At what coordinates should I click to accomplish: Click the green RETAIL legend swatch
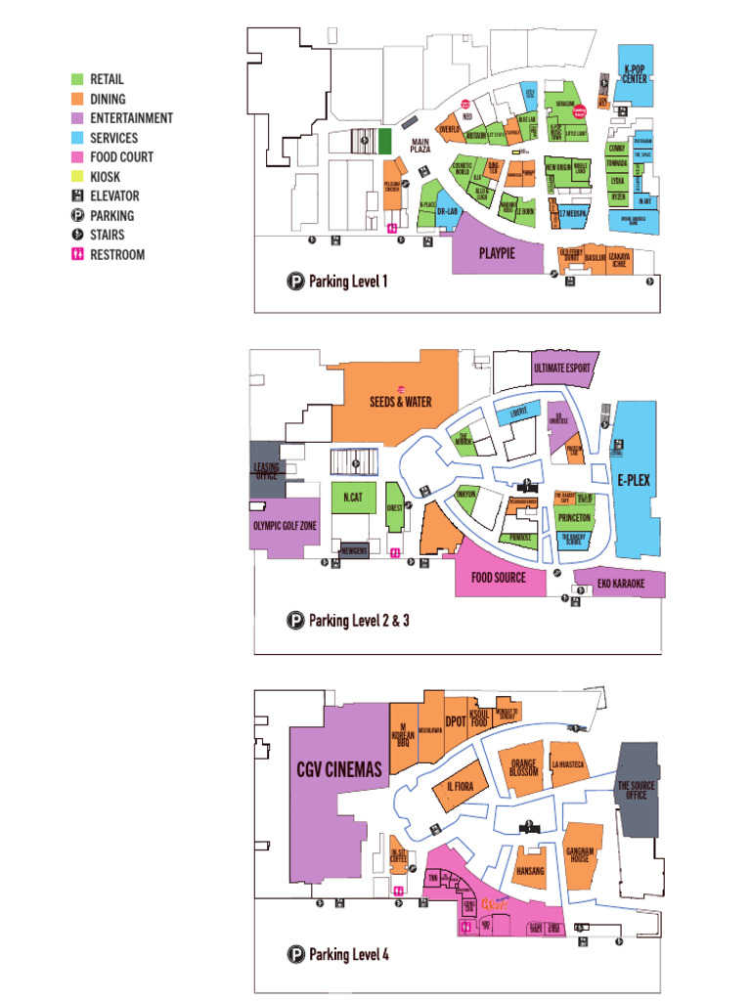77,79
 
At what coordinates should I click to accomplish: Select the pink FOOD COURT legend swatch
77,156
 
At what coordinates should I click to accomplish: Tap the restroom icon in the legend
77,254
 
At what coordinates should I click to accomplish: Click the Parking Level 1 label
348,282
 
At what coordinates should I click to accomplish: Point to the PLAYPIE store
497,253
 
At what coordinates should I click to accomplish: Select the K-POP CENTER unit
635,73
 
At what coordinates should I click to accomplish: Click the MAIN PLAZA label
420,146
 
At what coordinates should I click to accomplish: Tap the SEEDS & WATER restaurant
400,401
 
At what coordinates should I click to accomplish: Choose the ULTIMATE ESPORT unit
563,369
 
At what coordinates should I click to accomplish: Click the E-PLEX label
633,480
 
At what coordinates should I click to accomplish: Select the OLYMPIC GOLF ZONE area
284,526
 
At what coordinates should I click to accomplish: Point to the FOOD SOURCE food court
499,578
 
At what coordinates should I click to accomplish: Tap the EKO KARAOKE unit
621,584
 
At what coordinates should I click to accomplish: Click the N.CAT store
353,498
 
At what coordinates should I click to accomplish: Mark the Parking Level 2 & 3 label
358,620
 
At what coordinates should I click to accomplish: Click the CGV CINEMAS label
338,770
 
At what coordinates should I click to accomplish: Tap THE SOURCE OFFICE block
637,790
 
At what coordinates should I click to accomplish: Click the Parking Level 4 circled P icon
295,954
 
